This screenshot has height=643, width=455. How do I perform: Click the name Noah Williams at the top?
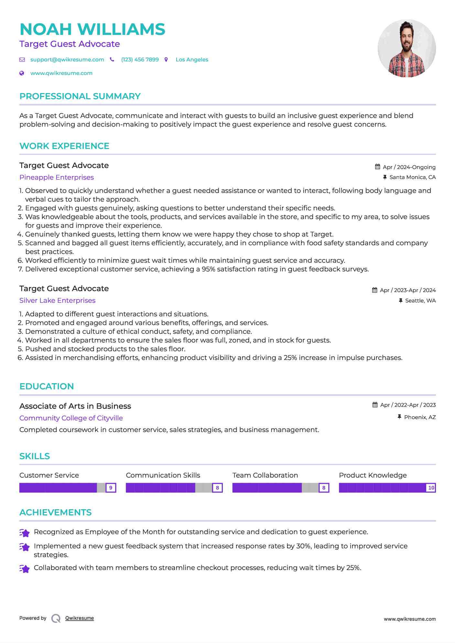coord(92,29)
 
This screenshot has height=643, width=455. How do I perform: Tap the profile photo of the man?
coord(406,48)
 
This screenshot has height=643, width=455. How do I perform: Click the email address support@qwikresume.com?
coord(67,60)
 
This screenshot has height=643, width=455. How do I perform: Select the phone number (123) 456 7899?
coord(140,60)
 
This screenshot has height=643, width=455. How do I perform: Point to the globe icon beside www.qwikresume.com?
coord(22,73)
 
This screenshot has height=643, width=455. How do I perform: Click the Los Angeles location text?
coord(192,60)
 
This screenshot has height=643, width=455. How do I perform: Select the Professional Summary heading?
coord(80,96)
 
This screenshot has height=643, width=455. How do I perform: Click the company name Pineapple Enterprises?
coord(57,177)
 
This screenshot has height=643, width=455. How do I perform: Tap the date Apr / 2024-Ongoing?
coord(409,167)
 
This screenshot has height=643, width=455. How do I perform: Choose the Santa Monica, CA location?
coord(412,177)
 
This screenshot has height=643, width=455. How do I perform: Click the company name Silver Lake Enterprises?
coord(57,300)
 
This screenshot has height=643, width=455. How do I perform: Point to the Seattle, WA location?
coord(420,301)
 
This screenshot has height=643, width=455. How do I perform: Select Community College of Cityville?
coord(71,418)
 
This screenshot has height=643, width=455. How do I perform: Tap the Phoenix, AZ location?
coord(420,417)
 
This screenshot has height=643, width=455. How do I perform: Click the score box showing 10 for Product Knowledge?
coord(431,488)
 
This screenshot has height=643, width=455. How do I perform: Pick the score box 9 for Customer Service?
coord(111,488)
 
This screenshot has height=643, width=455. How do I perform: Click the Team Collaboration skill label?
coord(265,475)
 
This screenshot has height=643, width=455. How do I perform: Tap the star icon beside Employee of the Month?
coord(25,532)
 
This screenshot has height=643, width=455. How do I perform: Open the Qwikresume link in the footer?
coord(80,618)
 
